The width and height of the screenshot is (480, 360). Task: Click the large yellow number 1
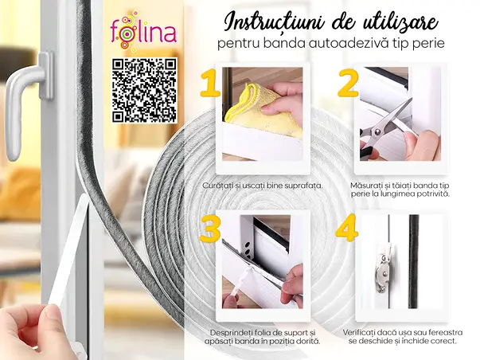(x=209, y=82)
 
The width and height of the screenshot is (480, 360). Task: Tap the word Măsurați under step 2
(x=369, y=184)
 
